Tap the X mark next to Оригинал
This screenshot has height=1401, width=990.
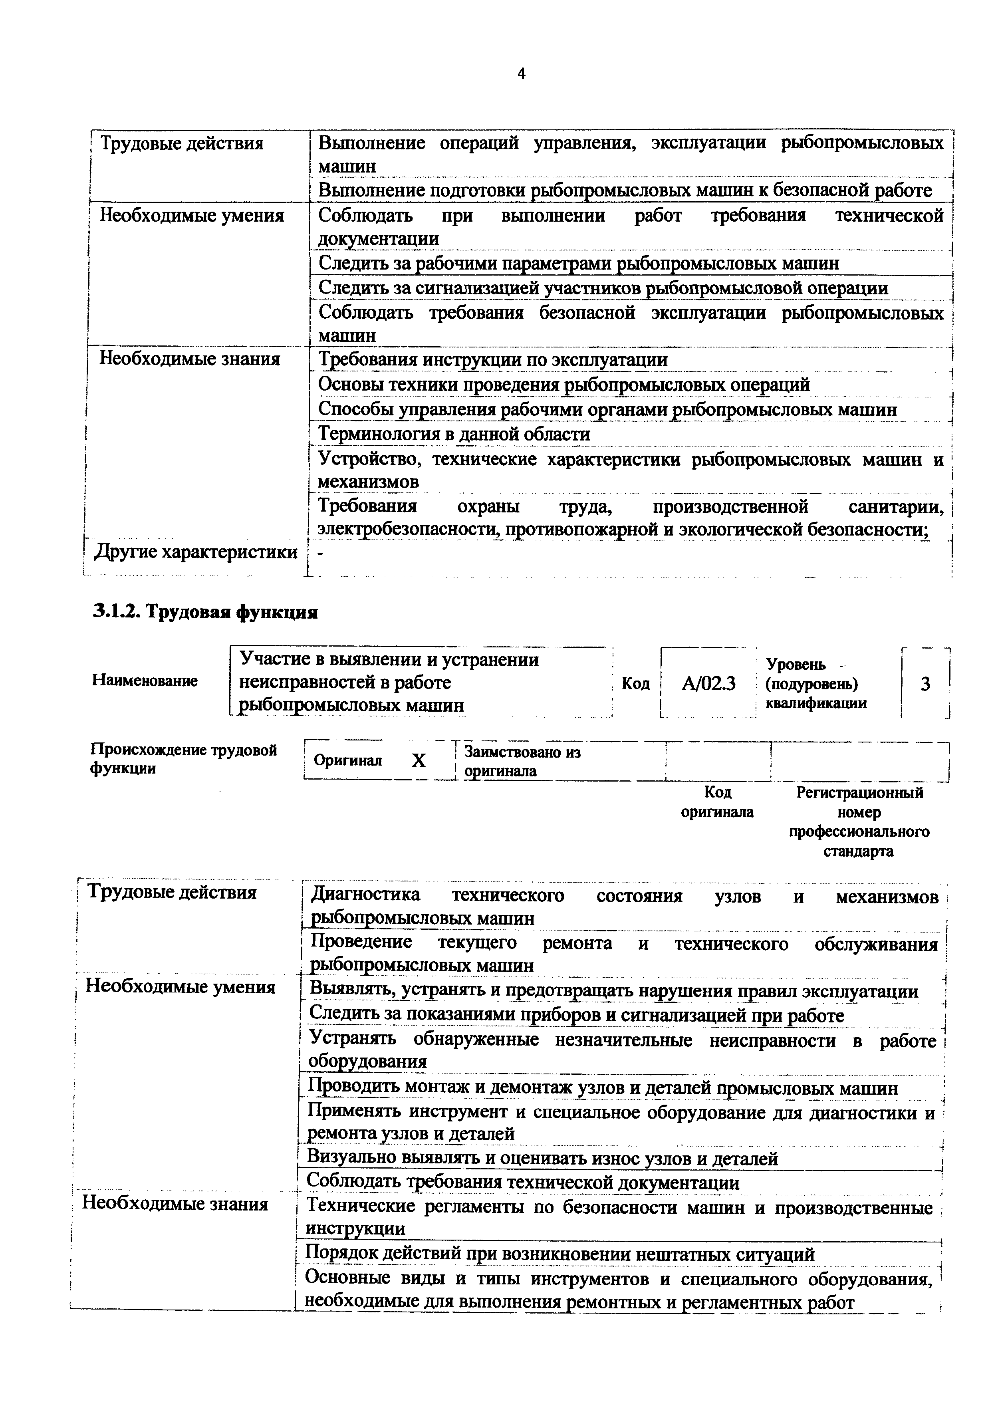pos(419,760)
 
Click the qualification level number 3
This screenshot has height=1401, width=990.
pos(925,684)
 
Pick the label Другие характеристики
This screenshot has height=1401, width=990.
pos(195,552)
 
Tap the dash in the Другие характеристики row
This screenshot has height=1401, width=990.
pos(321,553)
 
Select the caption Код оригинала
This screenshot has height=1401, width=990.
pos(717,802)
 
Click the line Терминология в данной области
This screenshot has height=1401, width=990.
pos(454,435)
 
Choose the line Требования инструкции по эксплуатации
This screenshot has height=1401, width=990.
pos(493,359)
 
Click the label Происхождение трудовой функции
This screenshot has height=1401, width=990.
pos(183,758)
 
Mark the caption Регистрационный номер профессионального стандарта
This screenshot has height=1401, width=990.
pos(859,822)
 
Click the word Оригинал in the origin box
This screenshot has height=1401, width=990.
pos(348,760)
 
